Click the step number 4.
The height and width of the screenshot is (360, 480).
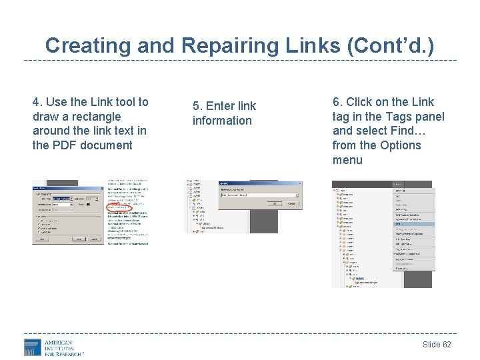click(x=36, y=102)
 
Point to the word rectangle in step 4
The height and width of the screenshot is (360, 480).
click(x=96, y=117)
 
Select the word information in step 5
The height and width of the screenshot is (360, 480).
click(x=222, y=121)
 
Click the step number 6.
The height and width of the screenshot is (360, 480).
click(x=336, y=102)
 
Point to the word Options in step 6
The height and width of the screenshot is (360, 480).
click(x=400, y=145)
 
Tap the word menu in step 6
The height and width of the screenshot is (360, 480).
click(x=347, y=160)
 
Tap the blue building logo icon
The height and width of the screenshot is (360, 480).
click(x=32, y=347)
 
